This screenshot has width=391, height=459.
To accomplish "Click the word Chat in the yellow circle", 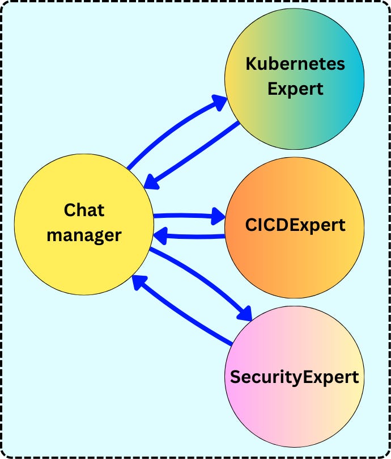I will [x=84, y=210].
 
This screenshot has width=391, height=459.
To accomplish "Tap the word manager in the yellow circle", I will [x=84, y=234].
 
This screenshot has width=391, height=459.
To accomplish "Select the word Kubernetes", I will [x=295, y=64].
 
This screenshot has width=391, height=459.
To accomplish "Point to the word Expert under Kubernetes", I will [x=295, y=89].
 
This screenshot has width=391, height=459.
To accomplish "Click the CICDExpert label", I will [x=295, y=225].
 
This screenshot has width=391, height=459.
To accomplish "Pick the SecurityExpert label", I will [x=294, y=377].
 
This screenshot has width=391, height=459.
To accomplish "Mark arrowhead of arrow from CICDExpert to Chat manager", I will [x=161, y=234].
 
